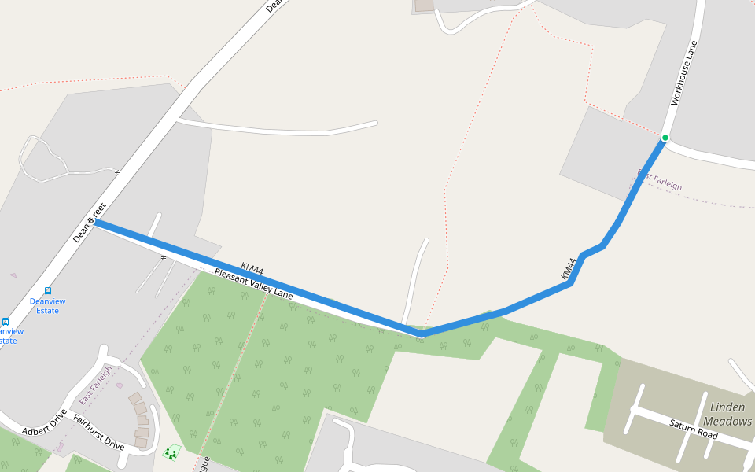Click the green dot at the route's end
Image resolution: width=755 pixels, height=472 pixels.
[x=665, y=138]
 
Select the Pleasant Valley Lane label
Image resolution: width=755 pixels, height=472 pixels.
[x=253, y=283]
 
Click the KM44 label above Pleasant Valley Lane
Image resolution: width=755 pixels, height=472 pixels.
[x=252, y=270]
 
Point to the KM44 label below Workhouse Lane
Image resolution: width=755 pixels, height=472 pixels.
[x=569, y=269]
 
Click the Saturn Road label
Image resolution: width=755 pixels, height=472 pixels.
[x=694, y=429]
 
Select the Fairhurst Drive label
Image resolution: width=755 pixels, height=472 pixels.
[x=98, y=432]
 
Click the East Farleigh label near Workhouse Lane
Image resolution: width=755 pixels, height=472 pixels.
[x=661, y=180]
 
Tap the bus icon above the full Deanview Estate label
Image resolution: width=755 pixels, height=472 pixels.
[x=48, y=290]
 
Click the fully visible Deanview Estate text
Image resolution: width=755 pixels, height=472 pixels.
[x=48, y=306]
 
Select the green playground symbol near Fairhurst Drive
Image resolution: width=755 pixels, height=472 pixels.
[x=171, y=452]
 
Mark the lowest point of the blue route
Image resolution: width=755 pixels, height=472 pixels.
[x=422, y=334]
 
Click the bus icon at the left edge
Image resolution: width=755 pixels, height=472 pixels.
[x=6, y=321]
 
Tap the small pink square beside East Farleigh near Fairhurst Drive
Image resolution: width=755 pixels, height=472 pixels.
[x=120, y=385]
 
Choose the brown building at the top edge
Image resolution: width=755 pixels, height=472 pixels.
[x=424, y=5]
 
